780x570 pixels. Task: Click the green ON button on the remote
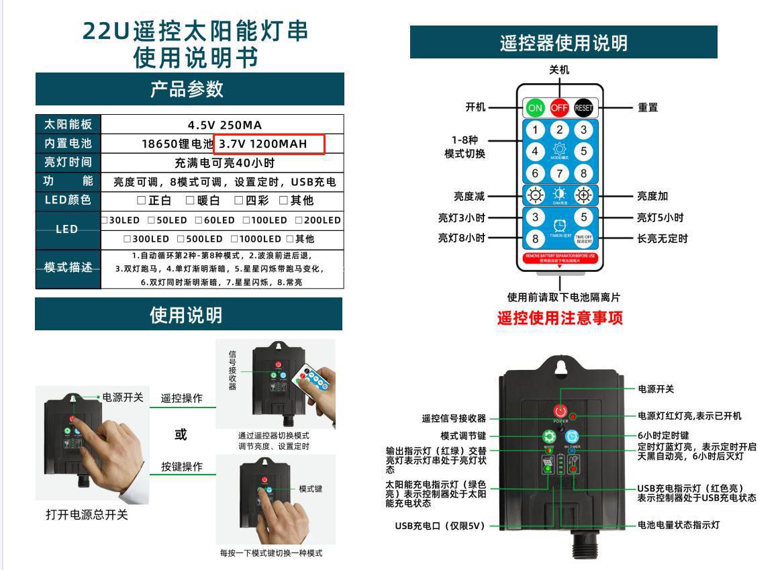coord(535,107)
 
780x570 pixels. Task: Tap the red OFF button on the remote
coord(559,107)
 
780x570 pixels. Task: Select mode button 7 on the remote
coord(559,173)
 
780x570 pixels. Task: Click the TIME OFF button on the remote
coord(583,239)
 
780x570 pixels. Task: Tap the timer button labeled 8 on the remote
coord(535,239)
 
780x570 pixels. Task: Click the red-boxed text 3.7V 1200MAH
coord(269,144)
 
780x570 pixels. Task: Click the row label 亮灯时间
coord(68,162)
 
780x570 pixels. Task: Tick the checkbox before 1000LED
coord(234,239)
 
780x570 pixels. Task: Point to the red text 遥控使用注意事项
coord(560,318)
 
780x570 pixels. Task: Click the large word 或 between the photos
coord(181,434)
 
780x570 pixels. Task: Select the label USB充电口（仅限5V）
coord(440,526)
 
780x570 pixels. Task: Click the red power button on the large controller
coord(560,411)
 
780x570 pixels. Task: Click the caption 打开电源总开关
coord(87,515)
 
